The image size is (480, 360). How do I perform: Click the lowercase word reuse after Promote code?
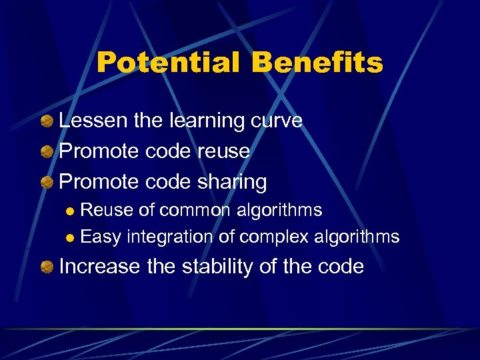223,151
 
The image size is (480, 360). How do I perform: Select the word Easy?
101,237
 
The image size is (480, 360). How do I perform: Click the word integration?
171,237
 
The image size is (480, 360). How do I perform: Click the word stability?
199,267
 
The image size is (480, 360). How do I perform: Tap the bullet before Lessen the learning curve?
47,121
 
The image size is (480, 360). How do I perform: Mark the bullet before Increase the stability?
47,267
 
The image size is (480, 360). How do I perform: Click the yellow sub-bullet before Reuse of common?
71,212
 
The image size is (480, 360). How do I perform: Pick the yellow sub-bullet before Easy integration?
71,238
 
